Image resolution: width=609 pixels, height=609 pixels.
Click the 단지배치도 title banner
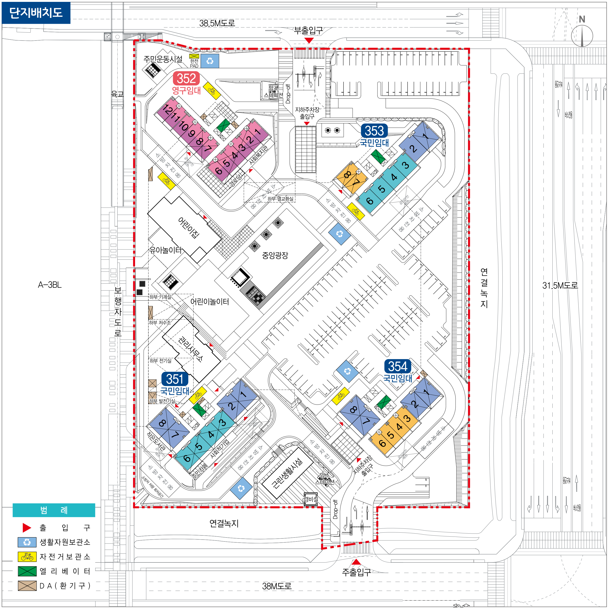(x=36, y=13)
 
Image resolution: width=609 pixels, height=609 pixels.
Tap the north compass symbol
(x=582, y=35)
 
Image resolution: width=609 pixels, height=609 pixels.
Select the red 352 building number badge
(x=186, y=78)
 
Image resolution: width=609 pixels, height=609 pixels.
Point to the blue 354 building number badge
(x=398, y=366)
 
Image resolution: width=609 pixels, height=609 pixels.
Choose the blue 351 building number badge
(x=175, y=379)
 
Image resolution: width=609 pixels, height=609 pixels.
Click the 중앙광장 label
(x=275, y=255)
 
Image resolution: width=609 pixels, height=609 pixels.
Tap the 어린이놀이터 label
(x=210, y=302)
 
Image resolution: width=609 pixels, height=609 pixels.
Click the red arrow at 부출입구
(x=309, y=40)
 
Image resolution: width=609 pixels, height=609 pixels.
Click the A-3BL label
(x=50, y=285)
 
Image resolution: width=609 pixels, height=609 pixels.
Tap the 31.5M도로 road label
(x=560, y=286)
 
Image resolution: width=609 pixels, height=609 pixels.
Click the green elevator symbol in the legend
(x=27, y=572)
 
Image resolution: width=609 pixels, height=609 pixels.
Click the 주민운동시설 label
(x=163, y=59)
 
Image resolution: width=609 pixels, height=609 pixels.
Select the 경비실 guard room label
(x=310, y=499)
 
